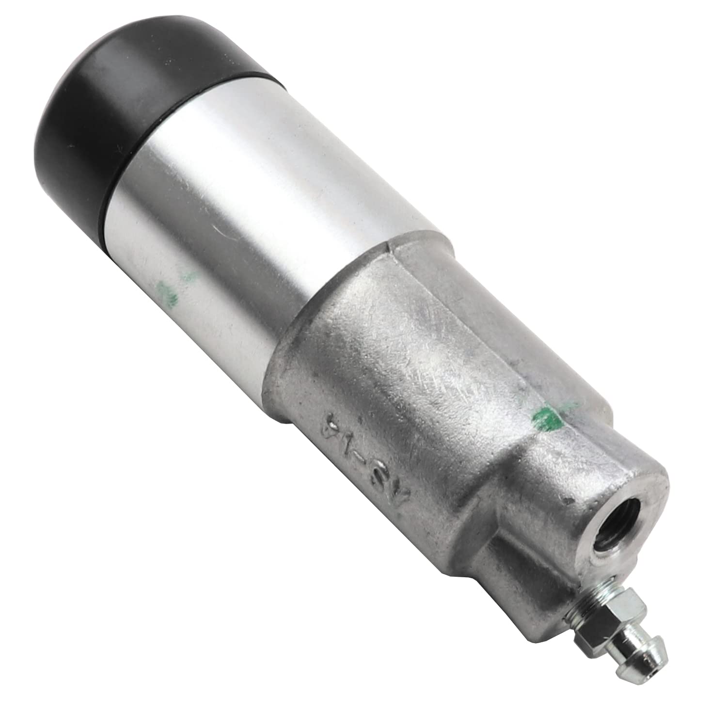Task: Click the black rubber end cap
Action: pos(121,87)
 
